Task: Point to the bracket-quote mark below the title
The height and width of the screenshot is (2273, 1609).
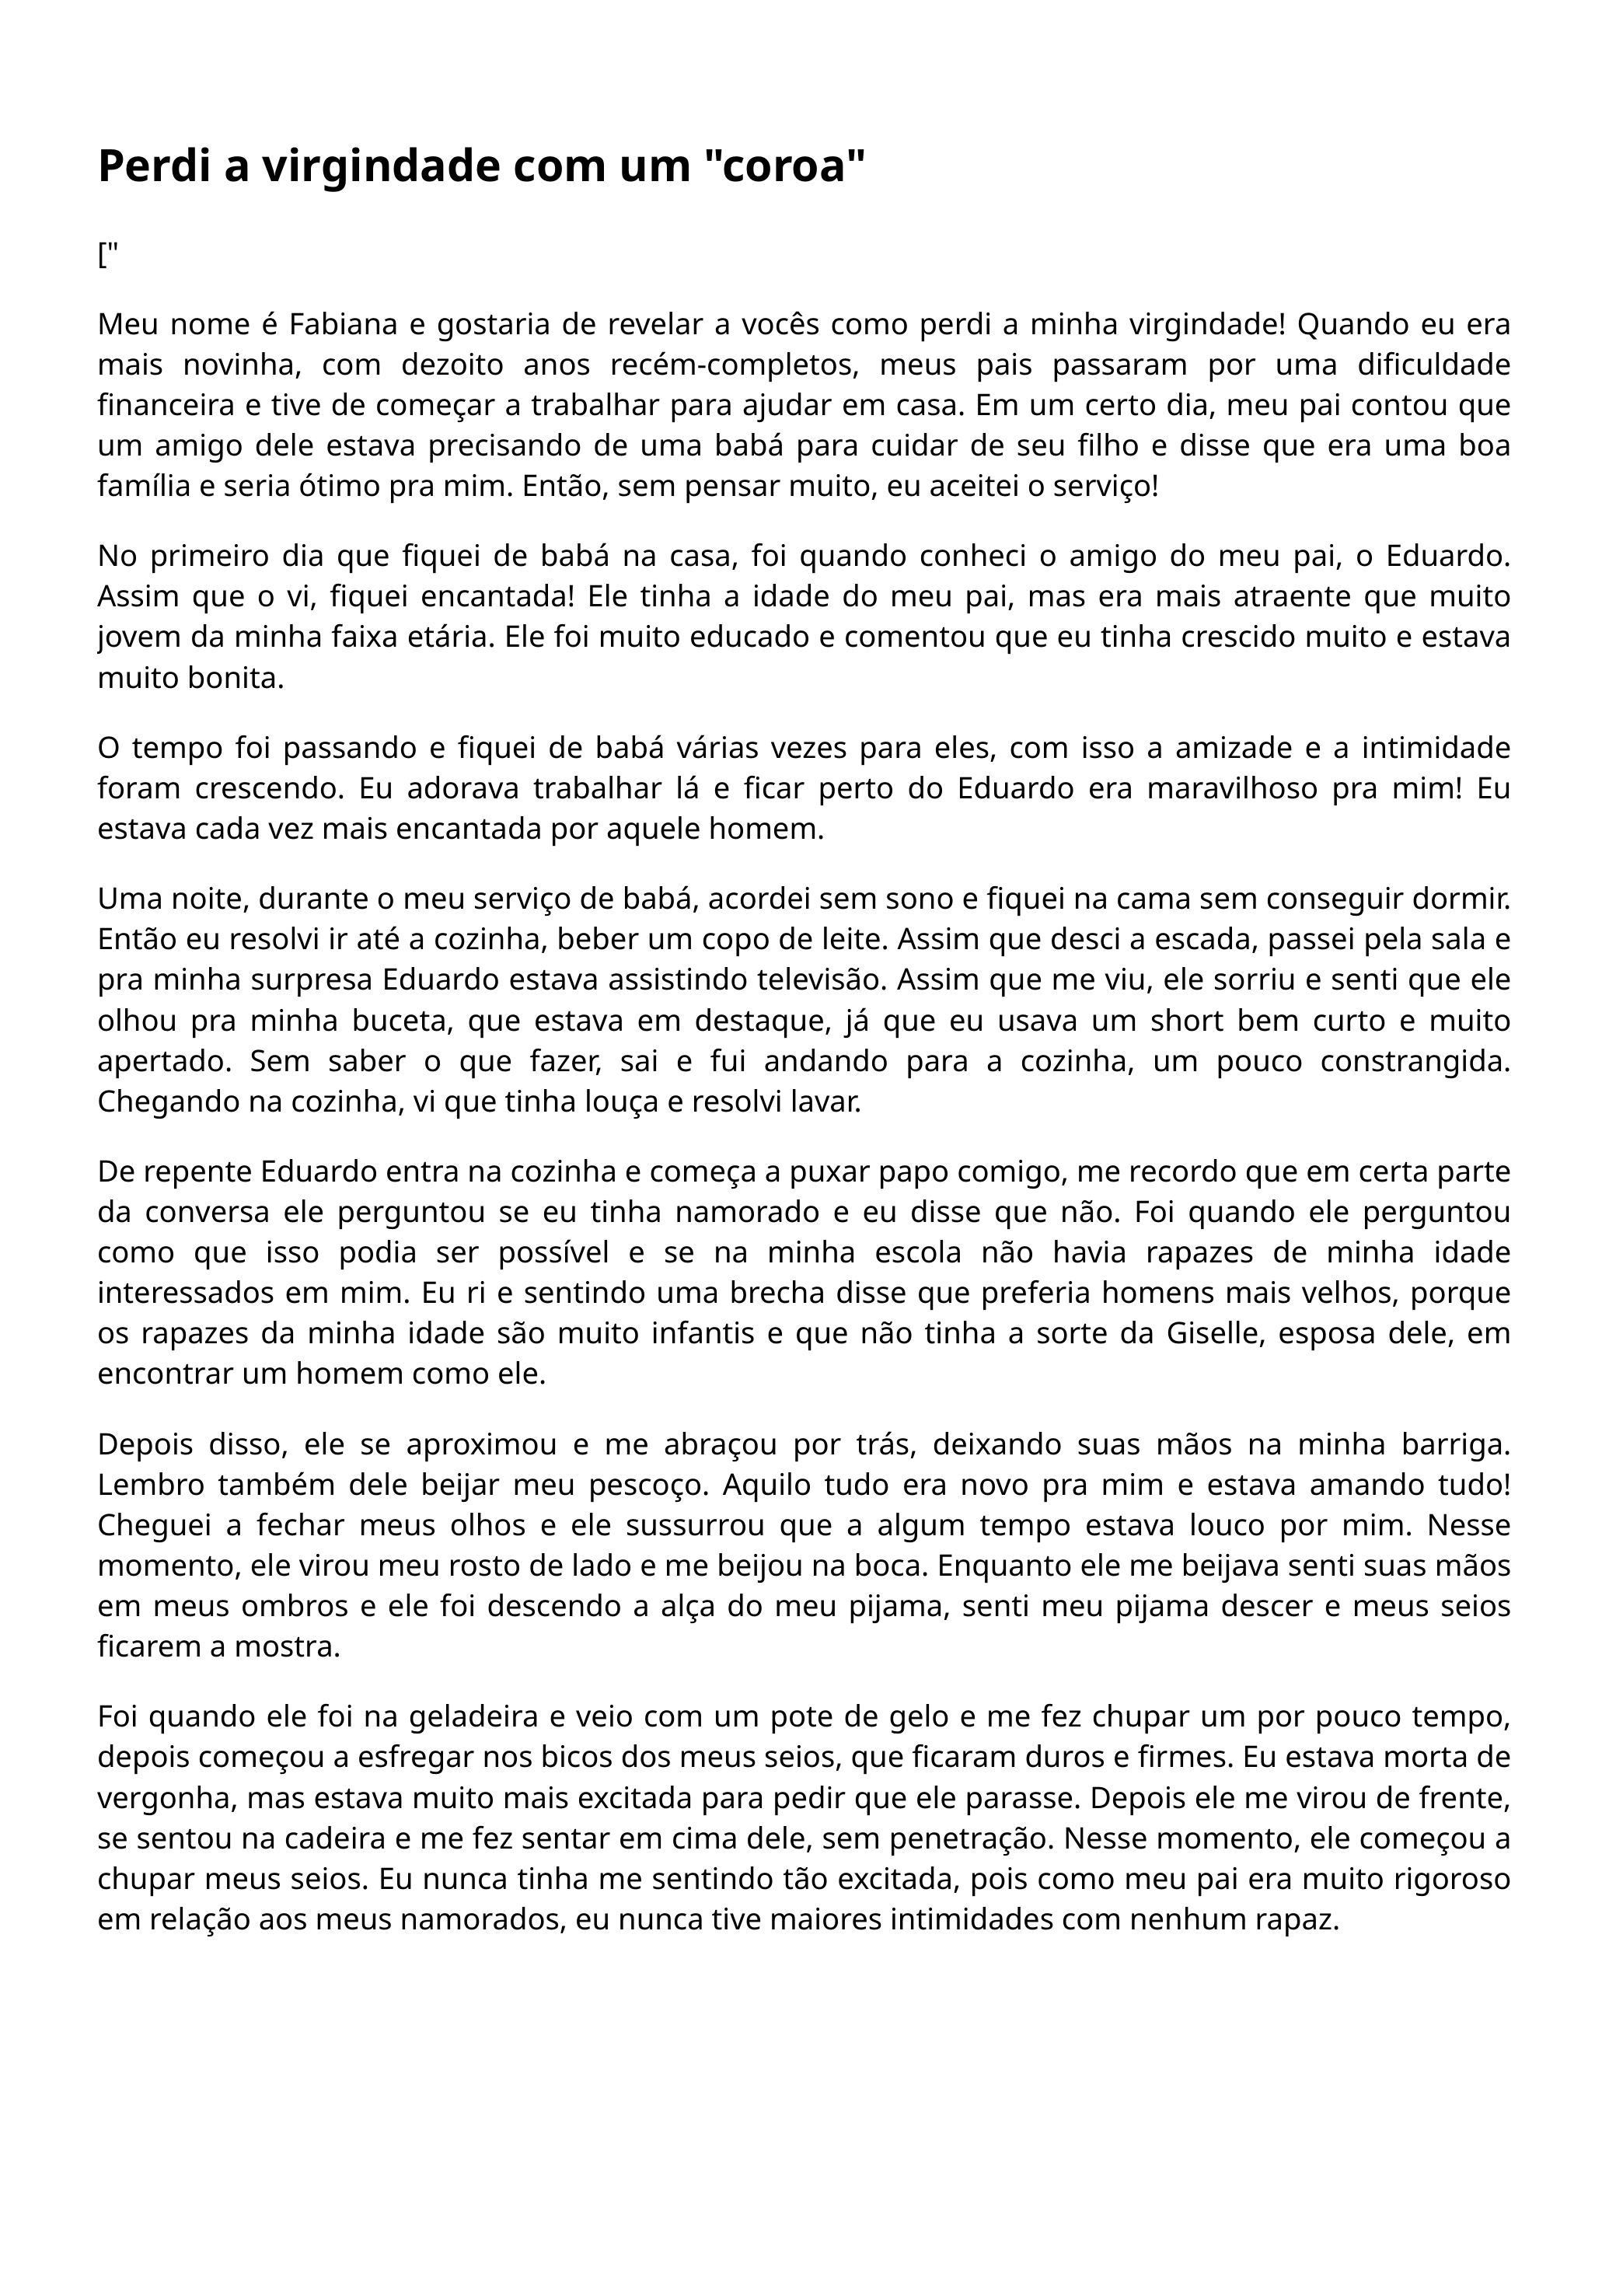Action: click(108, 256)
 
